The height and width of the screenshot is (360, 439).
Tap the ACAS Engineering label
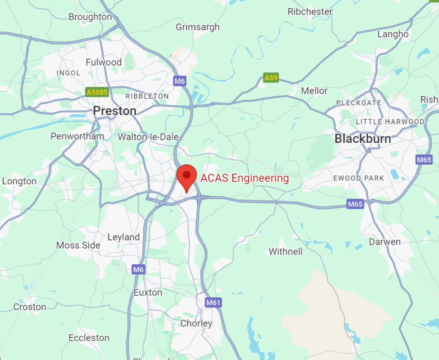point(245,178)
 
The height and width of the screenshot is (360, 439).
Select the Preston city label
point(114,111)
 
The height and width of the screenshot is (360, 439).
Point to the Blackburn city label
point(363,139)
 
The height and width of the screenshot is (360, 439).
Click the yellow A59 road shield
point(271,78)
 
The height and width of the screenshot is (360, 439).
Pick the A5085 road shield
point(97,92)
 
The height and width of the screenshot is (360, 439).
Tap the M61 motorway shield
point(213,303)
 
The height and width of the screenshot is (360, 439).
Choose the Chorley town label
point(196,323)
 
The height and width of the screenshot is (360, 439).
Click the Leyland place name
point(123,237)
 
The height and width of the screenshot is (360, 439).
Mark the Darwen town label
point(385,242)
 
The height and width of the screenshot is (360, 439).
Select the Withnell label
point(286,251)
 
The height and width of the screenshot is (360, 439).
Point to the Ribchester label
point(310,12)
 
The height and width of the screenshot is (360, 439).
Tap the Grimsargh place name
point(197,27)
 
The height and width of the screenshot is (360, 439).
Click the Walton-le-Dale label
point(148,137)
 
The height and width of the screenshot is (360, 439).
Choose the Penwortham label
point(77,136)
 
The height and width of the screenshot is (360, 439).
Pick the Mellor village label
point(314,91)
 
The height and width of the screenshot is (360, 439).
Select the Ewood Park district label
point(358,178)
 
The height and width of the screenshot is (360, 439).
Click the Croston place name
point(30,307)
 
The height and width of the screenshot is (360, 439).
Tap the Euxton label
point(147,292)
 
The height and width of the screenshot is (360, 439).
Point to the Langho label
point(393,34)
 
